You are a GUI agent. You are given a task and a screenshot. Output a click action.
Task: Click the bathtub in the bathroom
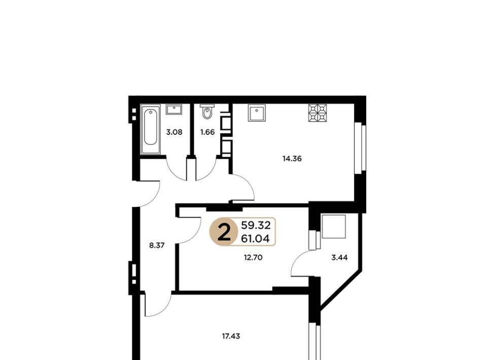click(x=151, y=129)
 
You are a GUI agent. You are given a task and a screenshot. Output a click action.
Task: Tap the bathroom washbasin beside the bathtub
click(x=174, y=110)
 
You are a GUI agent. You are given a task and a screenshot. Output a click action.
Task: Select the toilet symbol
click(x=207, y=112)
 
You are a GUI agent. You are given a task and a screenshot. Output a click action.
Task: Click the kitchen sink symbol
click(x=257, y=113)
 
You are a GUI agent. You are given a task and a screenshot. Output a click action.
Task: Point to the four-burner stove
click(x=318, y=113)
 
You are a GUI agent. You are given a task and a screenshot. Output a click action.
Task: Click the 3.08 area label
click(x=174, y=132)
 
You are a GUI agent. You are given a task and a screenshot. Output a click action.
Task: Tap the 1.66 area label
click(x=207, y=132)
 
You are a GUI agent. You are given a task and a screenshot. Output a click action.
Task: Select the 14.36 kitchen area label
click(x=292, y=159)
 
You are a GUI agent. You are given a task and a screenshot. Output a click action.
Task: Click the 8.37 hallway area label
click(x=157, y=246)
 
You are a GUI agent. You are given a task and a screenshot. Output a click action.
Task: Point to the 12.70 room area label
click(x=253, y=257)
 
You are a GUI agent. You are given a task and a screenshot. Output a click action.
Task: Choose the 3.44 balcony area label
click(x=339, y=257)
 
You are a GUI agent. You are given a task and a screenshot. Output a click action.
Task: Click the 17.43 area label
click(x=231, y=336)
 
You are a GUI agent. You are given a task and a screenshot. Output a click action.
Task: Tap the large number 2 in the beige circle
click(x=224, y=232)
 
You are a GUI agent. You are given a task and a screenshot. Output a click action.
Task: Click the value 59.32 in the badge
click(x=256, y=225)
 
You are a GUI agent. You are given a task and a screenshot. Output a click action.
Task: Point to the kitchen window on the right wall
click(x=361, y=149)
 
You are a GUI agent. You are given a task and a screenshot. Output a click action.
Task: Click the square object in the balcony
click(x=334, y=226)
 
